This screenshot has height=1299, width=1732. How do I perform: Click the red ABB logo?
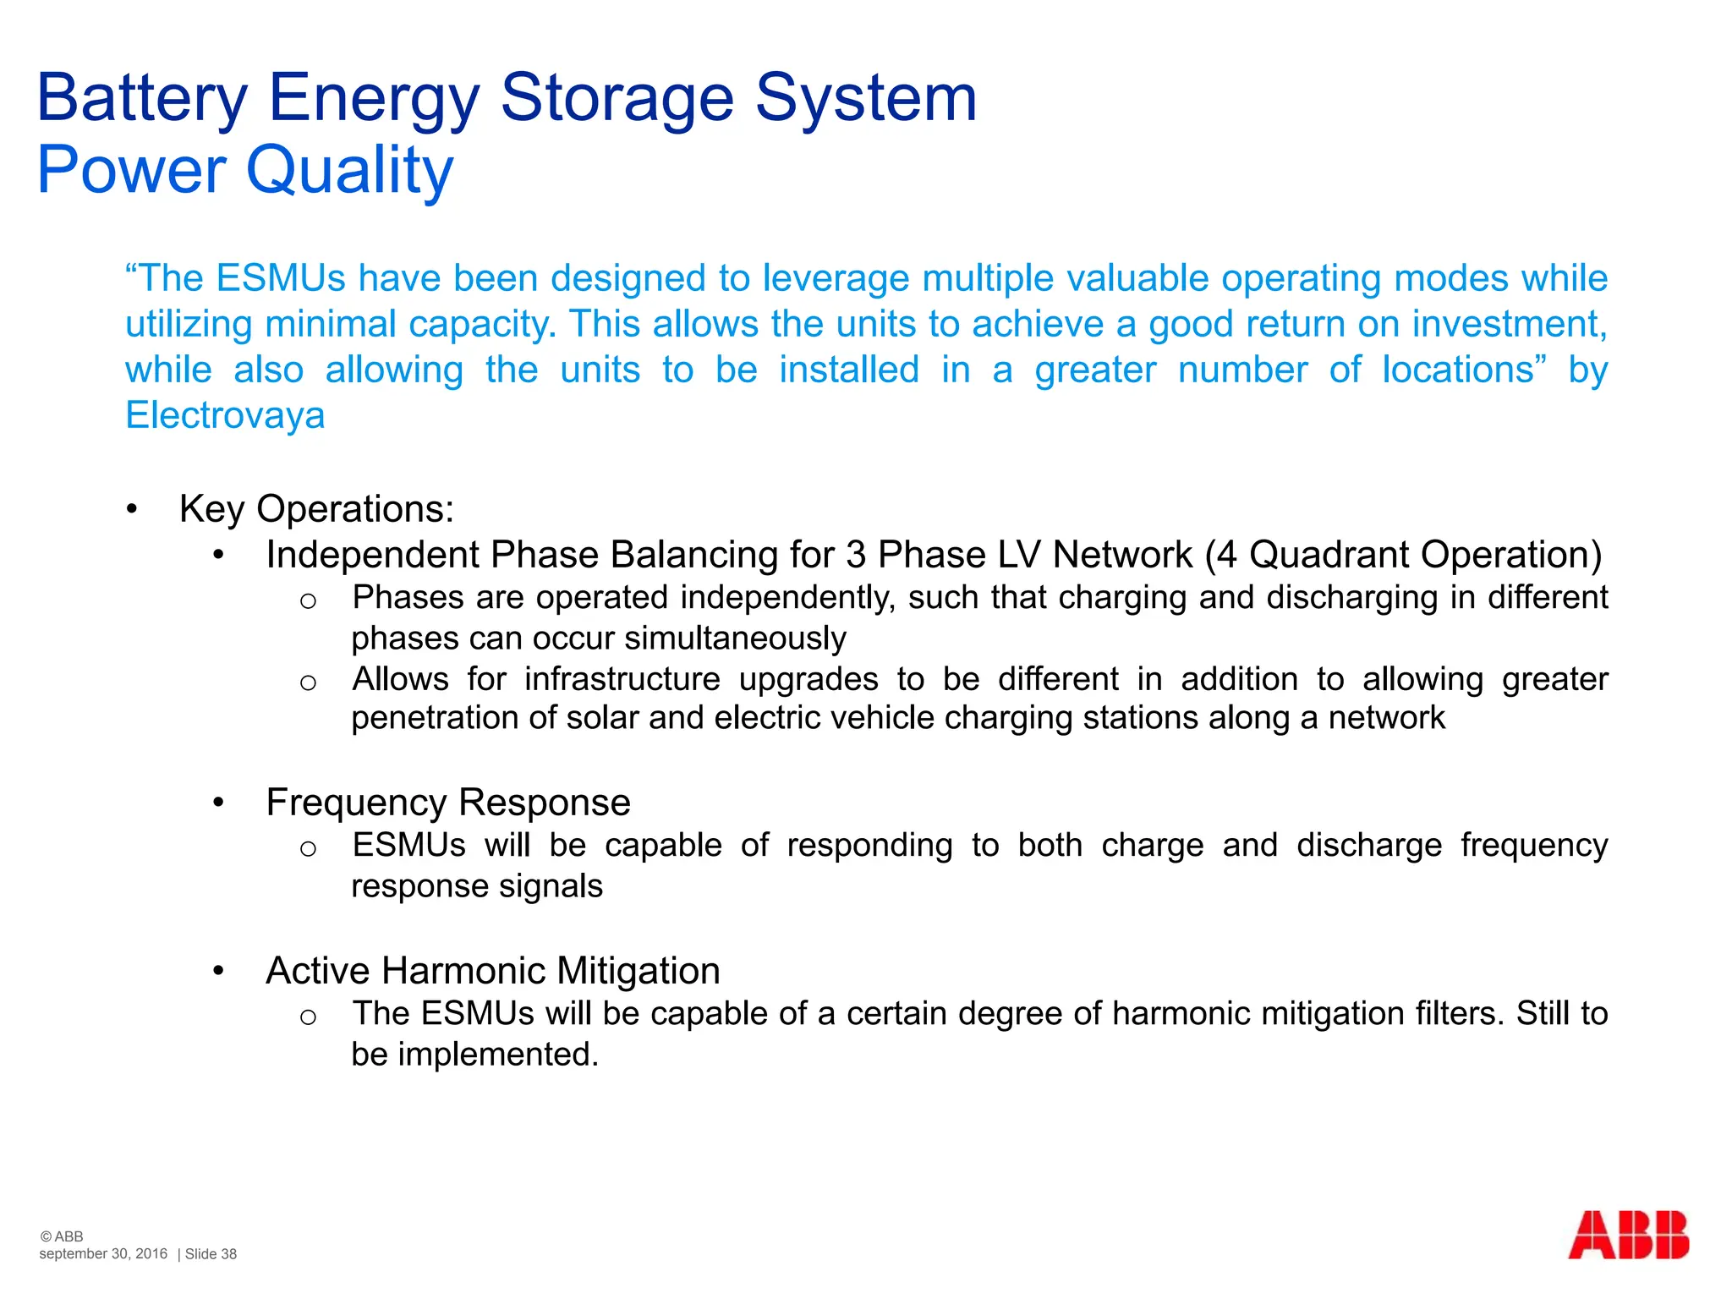(1628, 1236)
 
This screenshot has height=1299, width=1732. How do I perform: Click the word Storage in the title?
(617, 98)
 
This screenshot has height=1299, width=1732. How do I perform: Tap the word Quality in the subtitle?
(349, 171)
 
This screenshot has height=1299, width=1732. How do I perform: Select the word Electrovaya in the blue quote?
(225, 415)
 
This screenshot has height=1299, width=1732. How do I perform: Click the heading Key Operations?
(316, 509)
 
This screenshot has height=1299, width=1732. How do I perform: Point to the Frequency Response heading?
(447, 803)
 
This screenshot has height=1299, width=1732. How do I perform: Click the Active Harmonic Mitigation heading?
(492, 971)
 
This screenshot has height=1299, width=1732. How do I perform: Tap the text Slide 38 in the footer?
(211, 1254)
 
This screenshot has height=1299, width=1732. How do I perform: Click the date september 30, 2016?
(103, 1254)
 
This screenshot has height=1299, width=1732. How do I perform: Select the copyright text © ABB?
(61, 1236)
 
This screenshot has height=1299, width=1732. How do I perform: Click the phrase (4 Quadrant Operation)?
(1403, 555)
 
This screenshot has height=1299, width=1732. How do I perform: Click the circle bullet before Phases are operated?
(308, 601)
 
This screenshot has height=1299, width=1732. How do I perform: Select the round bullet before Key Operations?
(131, 509)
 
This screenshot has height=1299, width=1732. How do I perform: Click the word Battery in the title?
(142, 98)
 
